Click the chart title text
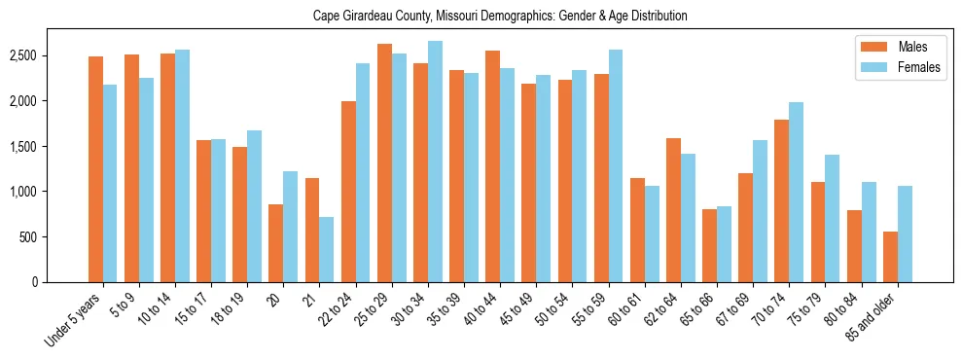500,16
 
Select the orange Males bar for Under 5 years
95,169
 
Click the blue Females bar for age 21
327,249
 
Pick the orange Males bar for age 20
276,243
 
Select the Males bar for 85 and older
890,257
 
